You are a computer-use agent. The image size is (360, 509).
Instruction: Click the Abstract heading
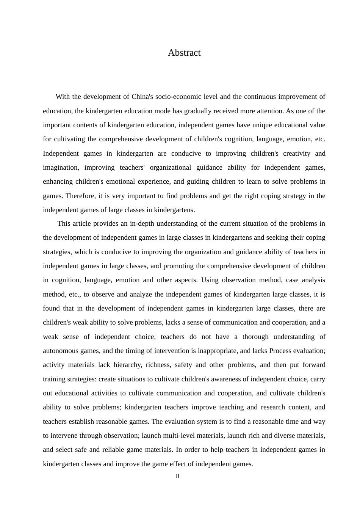(x=184, y=53)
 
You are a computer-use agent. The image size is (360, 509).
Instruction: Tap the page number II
(x=177, y=476)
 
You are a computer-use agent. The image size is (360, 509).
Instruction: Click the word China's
(x=142, y=97)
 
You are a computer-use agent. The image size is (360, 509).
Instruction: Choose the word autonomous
(x=60, y=351)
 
